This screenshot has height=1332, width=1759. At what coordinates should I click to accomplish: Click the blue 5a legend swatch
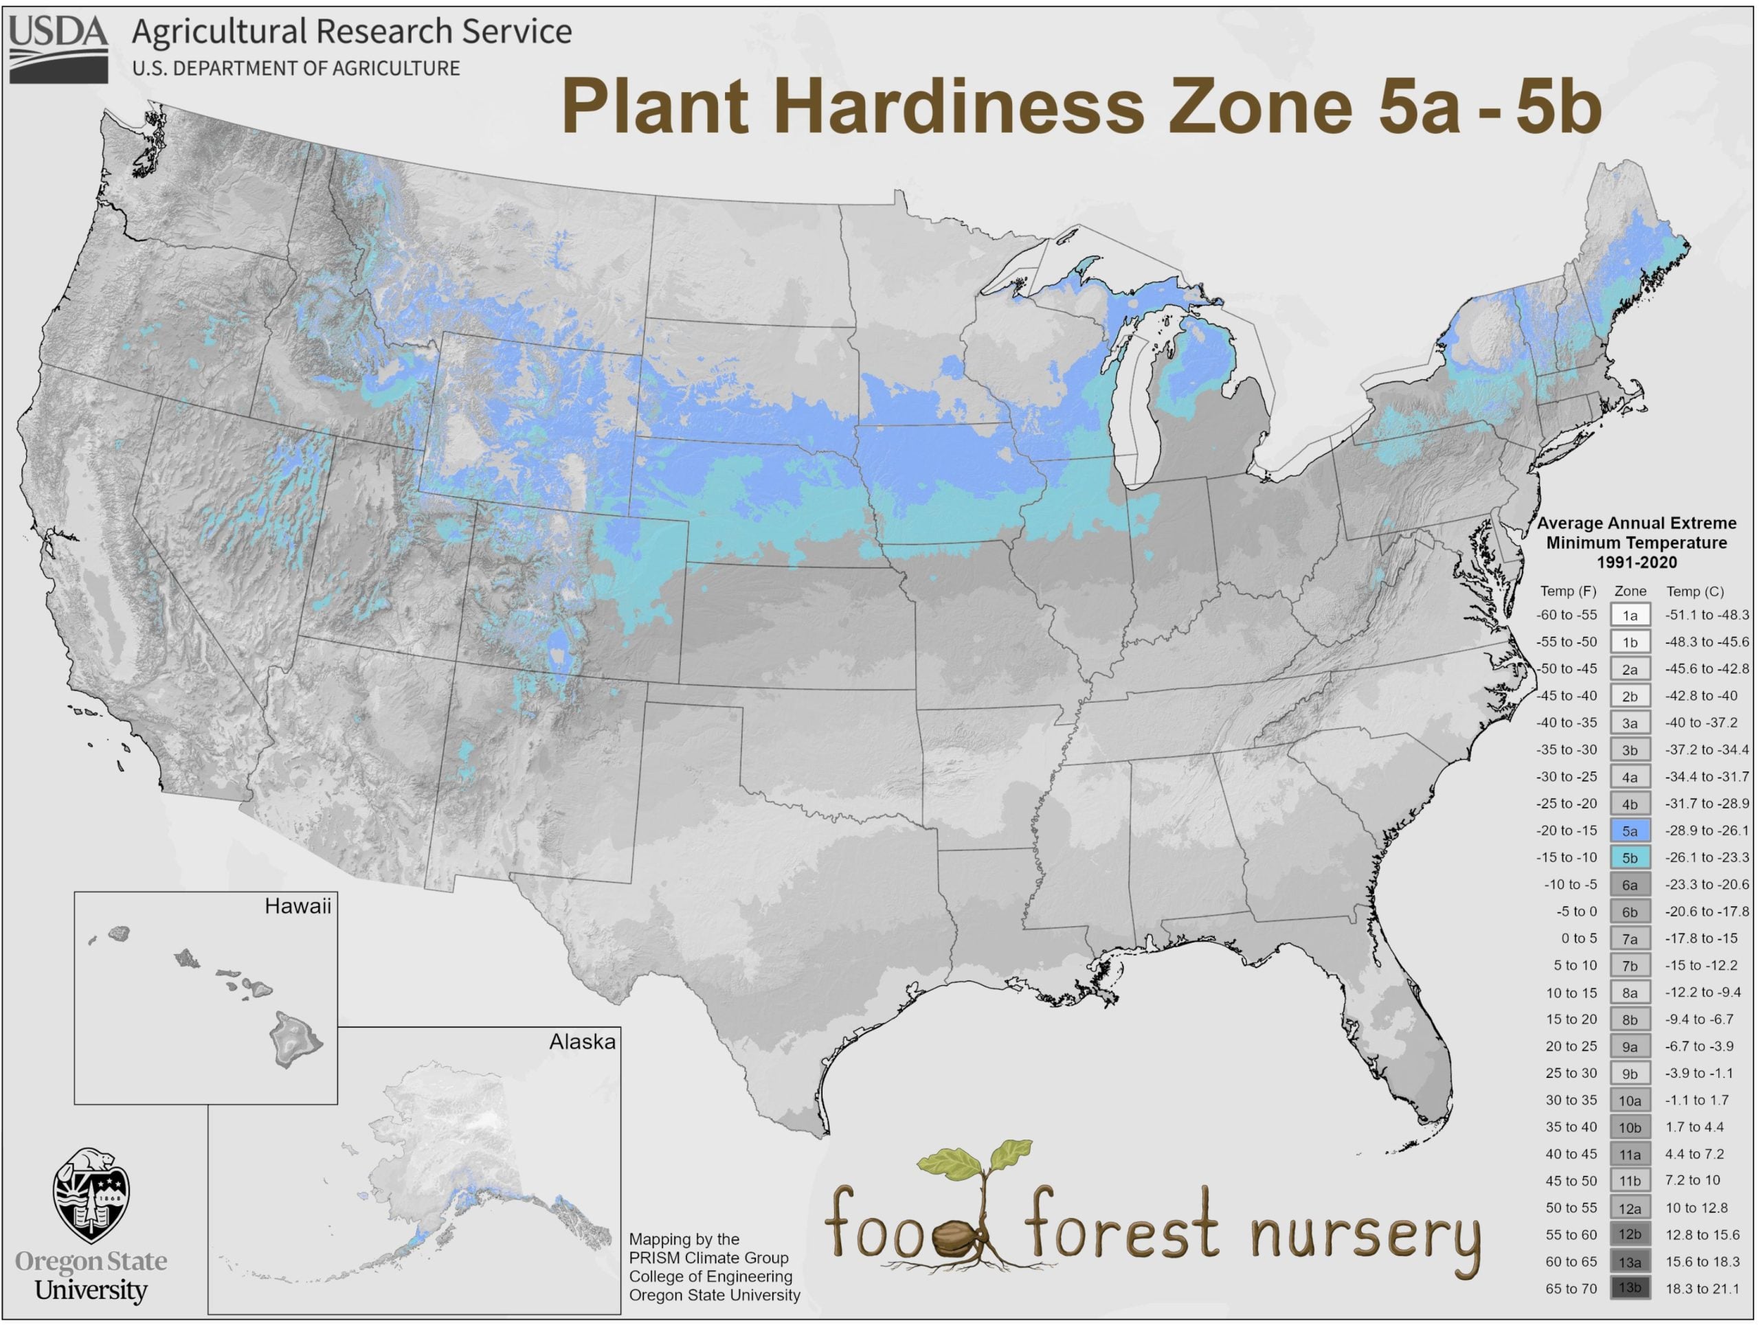tap(1629, 831)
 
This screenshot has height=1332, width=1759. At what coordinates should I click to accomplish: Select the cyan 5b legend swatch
tap(1629, 858)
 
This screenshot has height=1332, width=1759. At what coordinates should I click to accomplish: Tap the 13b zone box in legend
tap(1629, 1288)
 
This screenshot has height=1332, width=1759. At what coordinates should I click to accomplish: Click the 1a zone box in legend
tap(1629, 616)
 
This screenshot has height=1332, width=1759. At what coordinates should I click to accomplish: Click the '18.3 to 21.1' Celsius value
tap(1702, 1288)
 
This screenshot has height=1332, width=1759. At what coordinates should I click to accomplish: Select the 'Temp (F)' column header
tap(1567, 591)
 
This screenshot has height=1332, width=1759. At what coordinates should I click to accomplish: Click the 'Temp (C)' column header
tap(1694, 591)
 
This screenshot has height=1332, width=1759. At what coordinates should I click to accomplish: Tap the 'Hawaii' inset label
tap(298, 907)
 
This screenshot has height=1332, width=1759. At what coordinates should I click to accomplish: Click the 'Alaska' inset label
tap(582, 1041)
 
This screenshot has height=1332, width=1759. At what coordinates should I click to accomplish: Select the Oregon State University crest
tap(91, 1195)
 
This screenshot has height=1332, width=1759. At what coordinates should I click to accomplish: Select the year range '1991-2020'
tap(1636, 562)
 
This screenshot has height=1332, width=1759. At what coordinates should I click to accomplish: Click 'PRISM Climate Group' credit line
tap(708, 1257)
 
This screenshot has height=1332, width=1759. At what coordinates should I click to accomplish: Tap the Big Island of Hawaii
tap(295, 1039)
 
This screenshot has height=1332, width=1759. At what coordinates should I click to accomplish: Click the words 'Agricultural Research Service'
tap(352, 32)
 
